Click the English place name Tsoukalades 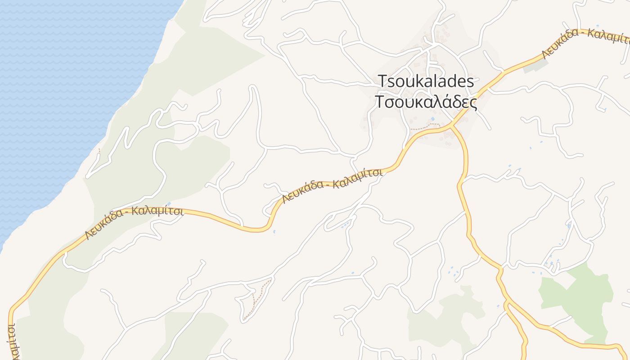point(426,81)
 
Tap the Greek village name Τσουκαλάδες point(426,103)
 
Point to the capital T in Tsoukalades point(382,81)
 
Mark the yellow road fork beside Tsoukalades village point(451,126)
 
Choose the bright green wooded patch point(580,297)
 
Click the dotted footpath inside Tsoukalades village point(425,127)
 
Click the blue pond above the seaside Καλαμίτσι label point(168,204)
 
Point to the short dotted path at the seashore point(99,151)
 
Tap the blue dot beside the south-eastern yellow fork point(498,306)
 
